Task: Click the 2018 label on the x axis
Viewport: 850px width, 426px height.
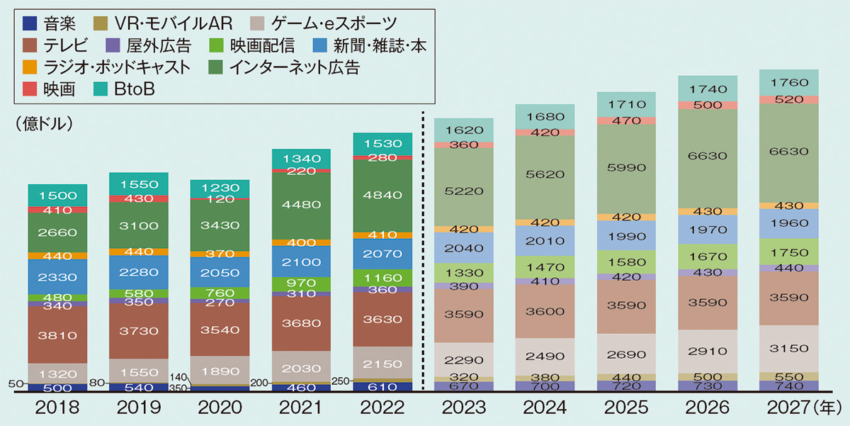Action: pos(57,408)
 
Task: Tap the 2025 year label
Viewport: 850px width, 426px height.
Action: pos(626,408)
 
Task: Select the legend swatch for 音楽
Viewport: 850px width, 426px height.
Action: pos(30,23)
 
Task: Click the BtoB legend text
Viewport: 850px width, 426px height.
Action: pos(135,89)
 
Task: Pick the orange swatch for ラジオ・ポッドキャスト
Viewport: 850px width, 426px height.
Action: pos(30,67)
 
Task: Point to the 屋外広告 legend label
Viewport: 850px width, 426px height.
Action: pos(159,45)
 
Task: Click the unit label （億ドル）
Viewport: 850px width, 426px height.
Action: pos(44,124)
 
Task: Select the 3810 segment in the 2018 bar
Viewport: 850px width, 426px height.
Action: pos(57,335)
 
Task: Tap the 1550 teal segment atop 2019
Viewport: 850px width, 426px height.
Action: pos(139,184)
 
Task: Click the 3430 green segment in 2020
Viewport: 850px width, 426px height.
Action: pos(220,225)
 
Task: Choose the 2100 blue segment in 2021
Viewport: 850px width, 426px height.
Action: pos(301,262)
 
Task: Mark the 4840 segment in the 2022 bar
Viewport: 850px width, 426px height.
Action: pos(382,196)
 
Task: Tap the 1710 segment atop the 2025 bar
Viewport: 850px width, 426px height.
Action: pos(626,104)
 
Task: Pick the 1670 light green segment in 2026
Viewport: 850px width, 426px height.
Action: pos(708,257)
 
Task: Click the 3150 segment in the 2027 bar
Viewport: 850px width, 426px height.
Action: pos(789,349)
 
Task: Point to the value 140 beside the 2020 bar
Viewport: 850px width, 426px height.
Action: pos(178,377)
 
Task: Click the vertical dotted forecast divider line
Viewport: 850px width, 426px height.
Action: pos(423,251)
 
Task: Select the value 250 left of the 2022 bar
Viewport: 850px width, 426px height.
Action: pos(341,381)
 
